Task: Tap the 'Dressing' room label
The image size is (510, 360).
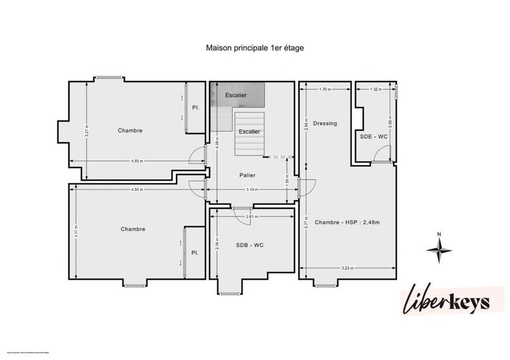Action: coord(325,123)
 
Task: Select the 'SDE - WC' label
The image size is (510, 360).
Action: coord(373,136)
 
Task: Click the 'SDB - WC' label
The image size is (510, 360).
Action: coord(249,245)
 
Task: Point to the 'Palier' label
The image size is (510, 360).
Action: coord(247,175)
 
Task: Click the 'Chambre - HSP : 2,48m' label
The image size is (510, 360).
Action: coord(347,222)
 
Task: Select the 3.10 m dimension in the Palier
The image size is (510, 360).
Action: coord(252,189)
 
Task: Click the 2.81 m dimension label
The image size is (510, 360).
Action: coord(252,217)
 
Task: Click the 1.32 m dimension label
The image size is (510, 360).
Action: coord(375,90)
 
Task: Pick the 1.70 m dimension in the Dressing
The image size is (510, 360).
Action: coord(324,90)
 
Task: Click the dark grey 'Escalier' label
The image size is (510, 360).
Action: coord(236,95)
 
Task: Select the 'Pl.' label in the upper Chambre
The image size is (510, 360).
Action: coord(196,108)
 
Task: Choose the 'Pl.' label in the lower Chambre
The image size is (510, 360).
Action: coord(195,253)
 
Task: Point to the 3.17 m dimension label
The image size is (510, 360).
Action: coord(76,233)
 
